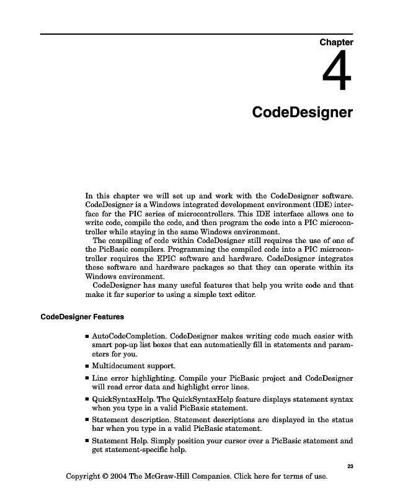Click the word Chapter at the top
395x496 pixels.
pos(336,43)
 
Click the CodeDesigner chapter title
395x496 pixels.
pos(303,113)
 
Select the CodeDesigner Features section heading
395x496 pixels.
pos(82,317)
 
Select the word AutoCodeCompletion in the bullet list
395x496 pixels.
pos(128,337)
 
